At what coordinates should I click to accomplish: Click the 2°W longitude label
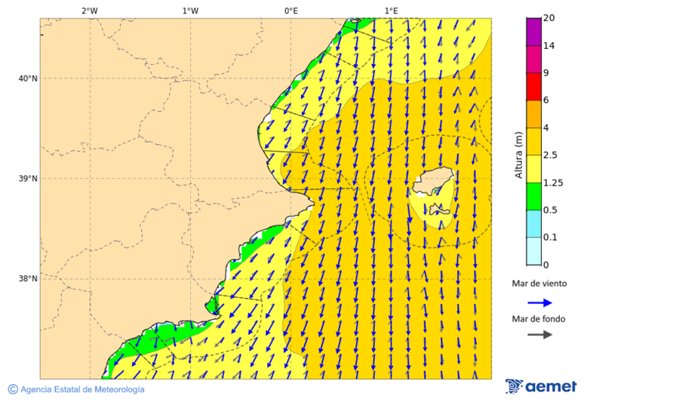point(89,11)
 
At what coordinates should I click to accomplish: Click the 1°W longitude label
point(190,11)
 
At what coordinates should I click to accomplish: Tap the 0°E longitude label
point(290,11)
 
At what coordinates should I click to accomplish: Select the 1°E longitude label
point(392,11)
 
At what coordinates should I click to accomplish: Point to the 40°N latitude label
point(28,78)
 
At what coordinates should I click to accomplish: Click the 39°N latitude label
point(28,179)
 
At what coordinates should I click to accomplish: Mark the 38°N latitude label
point(28,279)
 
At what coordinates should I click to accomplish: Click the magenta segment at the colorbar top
point(533,32)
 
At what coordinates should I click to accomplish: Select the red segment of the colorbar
point(533,87)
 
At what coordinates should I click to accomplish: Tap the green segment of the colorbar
point(533,196)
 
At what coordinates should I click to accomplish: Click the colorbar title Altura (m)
point(518,155)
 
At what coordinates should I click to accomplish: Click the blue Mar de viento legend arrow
point(539,302)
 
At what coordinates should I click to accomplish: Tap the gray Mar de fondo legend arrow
point(539,335)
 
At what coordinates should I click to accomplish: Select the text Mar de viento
point(539,284)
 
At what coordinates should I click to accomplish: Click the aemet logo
point(541,386)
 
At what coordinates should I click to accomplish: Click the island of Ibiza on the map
point(433,182)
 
